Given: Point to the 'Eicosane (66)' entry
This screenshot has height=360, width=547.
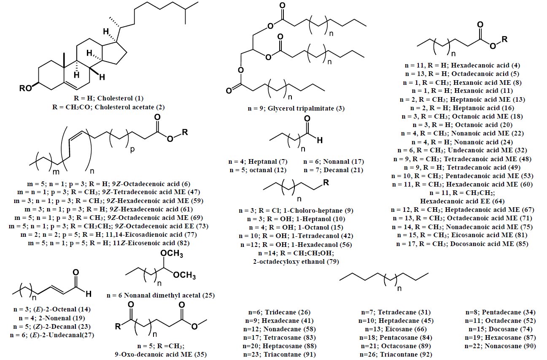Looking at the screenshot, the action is [395, 329].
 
